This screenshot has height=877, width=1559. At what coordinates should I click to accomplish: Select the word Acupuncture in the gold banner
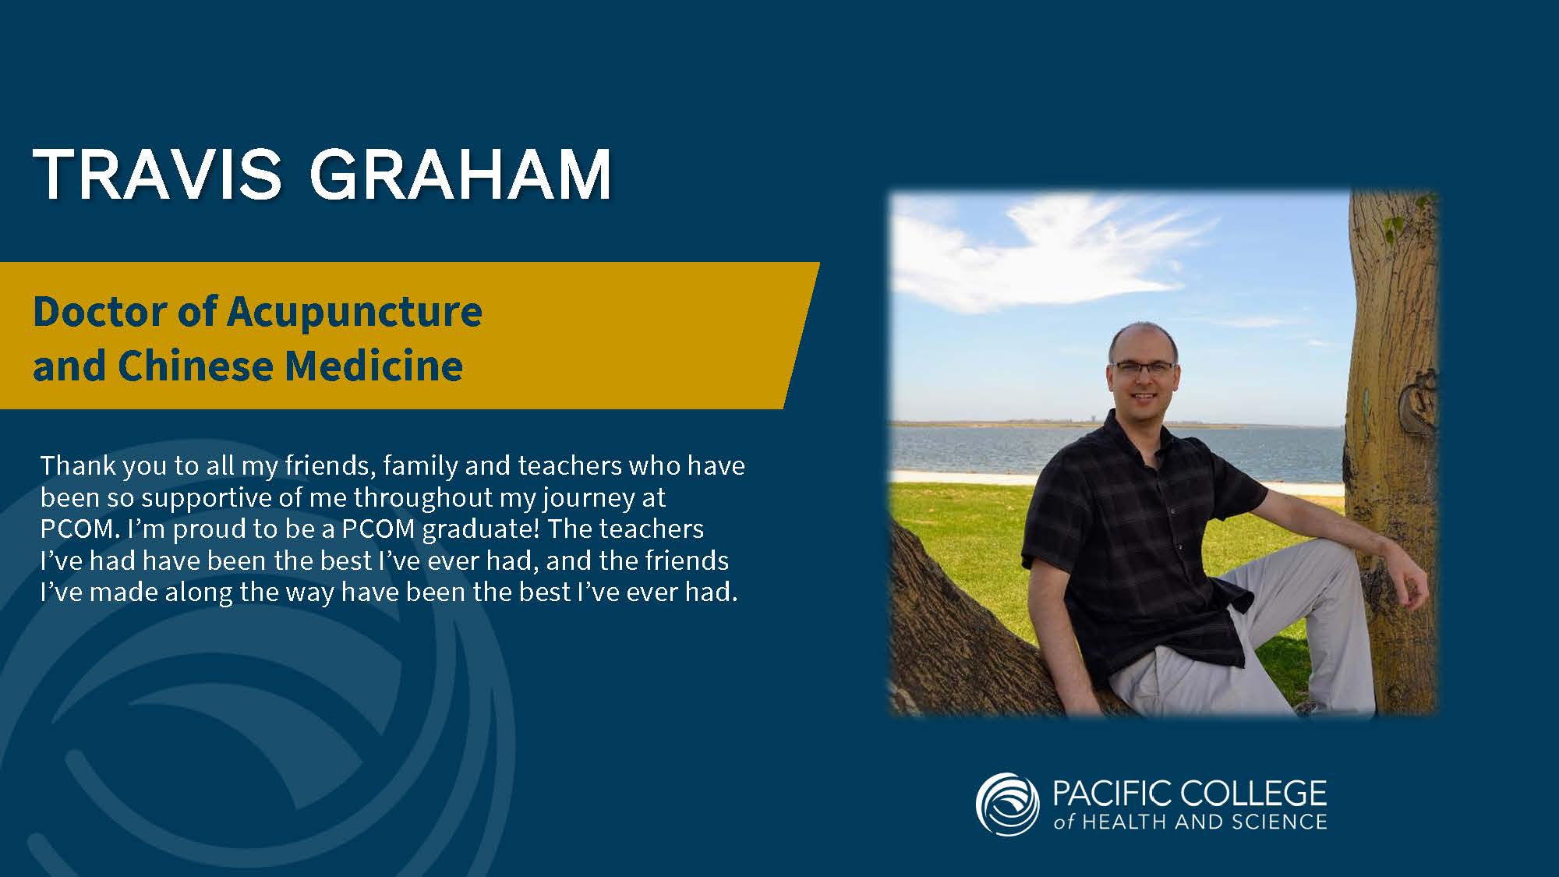355,312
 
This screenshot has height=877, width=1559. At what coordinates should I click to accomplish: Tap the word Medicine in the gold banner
374,366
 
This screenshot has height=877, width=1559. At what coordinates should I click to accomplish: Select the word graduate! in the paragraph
481,529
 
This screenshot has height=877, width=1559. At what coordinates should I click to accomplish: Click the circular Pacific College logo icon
1007,804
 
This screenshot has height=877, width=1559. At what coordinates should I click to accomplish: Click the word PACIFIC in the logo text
1111,793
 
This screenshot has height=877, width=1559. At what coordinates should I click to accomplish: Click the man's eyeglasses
1142,367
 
